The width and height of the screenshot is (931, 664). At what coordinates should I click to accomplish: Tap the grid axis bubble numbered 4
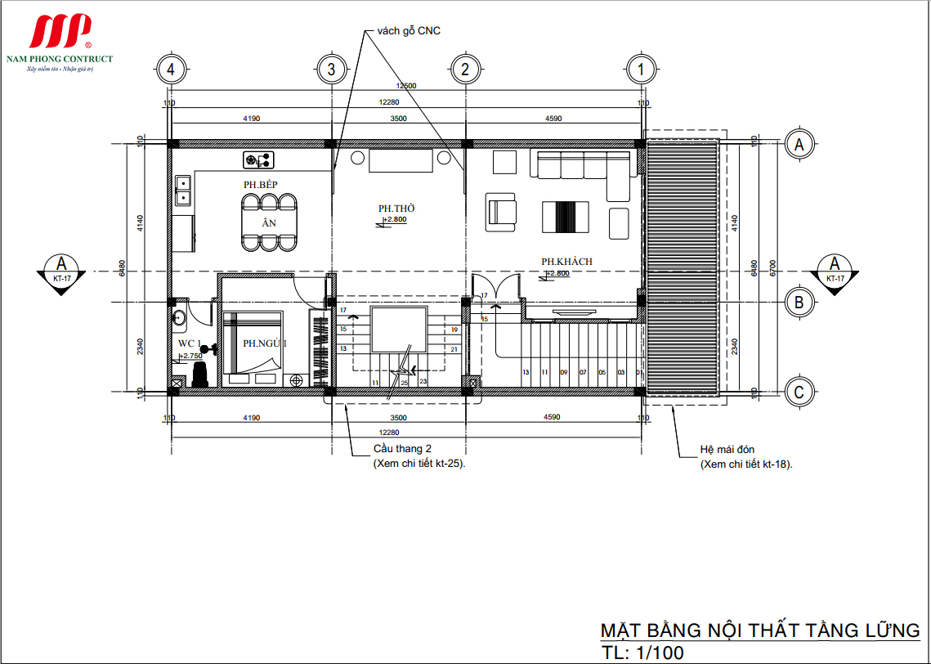tap(170, 70)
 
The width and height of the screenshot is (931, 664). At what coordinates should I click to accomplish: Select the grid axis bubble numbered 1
tap(641, 70)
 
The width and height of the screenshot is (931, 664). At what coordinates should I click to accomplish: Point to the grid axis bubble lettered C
tap(799, 393)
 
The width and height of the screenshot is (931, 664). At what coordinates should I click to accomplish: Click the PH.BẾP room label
tap(260, 185)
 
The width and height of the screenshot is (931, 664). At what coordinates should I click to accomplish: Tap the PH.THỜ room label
tap(393, 209)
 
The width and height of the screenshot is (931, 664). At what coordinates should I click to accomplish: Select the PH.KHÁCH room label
tap(566, 262)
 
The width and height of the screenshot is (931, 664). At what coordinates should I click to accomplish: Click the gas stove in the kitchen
tap(259, 159)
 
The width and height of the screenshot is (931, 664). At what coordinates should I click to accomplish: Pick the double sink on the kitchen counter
tap(183, 190)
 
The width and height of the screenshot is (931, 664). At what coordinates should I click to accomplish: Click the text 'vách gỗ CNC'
tap(409, 31)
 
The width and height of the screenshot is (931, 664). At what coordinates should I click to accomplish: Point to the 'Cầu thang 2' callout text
tap(402, 449)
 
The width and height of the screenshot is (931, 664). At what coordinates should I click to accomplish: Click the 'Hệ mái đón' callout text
tap(727, 450)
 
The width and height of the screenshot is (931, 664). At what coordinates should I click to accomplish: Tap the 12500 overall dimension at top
tap(406, 86)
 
